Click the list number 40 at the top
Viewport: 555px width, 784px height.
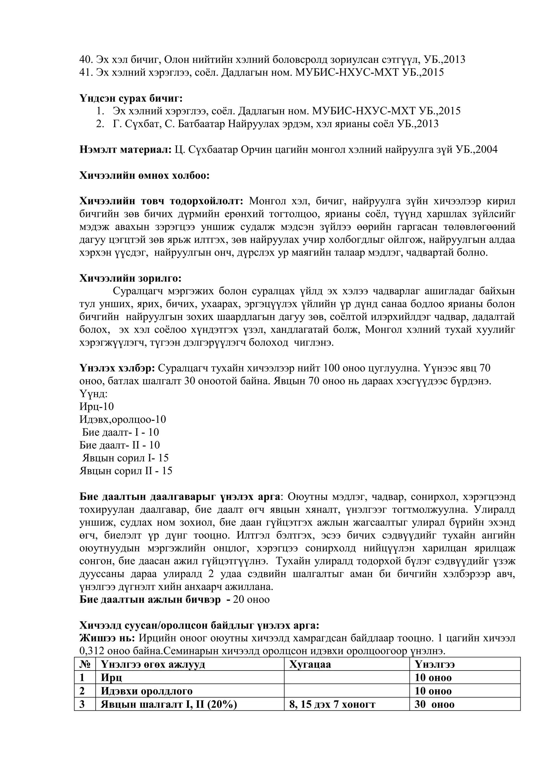click(86, 60)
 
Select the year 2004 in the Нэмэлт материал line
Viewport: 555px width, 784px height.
click(486, 149)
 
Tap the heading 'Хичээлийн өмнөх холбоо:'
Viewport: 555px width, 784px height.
click(144, 175)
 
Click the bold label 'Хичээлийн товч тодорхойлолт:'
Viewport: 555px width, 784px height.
click(161, 201)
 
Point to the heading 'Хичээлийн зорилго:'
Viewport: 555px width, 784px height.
click(130, 278)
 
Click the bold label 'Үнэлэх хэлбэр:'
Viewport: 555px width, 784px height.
click(118, 368)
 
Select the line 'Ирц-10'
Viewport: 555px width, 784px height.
click(96, 407)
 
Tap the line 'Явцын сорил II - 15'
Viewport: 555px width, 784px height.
click(126, 471)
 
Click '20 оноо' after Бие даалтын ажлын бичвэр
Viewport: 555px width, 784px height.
click(251, 600)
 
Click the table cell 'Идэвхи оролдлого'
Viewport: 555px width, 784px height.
click(147, 691)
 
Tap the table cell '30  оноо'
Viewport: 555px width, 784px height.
click(434, 704)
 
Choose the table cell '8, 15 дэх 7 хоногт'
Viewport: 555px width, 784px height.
click(332, 704)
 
